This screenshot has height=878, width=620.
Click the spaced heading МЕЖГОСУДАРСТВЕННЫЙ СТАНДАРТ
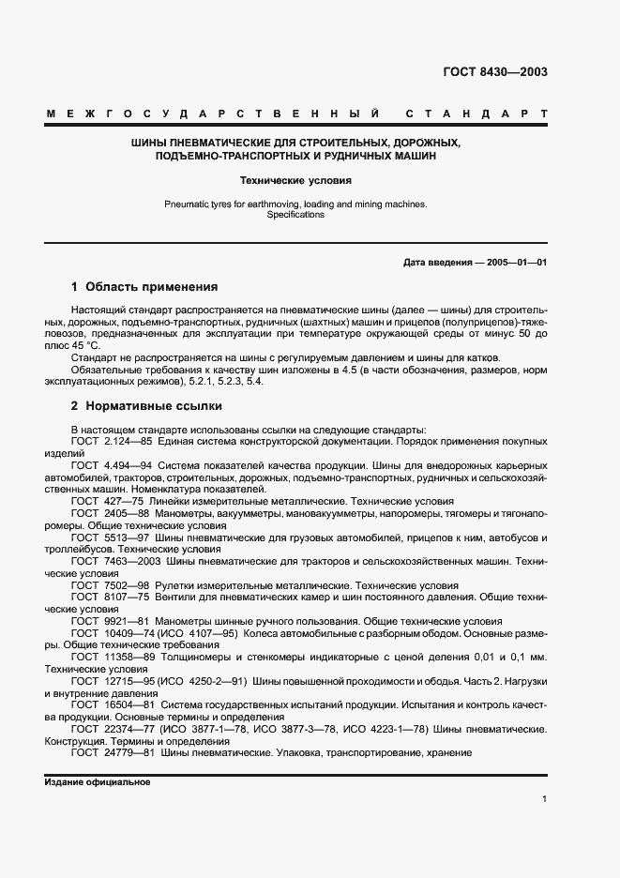click(x=297, y=114)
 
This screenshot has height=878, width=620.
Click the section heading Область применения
click(x=151, y=287)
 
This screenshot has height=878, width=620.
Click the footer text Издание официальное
click(x=98, y=781)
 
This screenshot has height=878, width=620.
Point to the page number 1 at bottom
click(x=544, y=798)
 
